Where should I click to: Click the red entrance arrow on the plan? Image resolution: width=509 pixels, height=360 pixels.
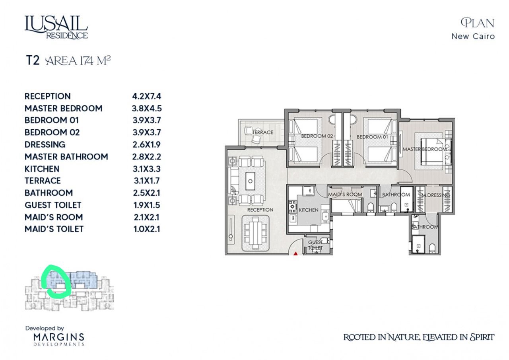(295, 254)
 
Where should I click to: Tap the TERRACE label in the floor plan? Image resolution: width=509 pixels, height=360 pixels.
(263, 132)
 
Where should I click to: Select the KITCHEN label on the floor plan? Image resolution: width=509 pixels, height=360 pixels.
(309, 210)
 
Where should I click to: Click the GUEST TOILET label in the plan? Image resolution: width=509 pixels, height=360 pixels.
(315, 245)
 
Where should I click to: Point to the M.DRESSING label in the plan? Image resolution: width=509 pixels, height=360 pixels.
(435, 195)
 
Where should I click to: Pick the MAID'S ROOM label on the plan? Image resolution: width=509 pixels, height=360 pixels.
(345, 195)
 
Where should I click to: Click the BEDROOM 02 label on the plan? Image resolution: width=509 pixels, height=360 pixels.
(317, 136)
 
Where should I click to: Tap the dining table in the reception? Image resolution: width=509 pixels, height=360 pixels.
(256, 233)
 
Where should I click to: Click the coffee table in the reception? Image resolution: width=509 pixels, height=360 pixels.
(250, 181)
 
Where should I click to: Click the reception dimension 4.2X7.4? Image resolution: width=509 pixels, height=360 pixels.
(147, 96)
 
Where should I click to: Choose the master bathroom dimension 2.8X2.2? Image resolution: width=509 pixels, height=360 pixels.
(147, 157)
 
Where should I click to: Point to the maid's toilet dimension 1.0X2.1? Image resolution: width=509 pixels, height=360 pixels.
(147, 229)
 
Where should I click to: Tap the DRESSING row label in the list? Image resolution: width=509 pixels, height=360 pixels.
(45, 144)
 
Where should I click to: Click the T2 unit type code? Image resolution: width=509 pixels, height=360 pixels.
(33, 60)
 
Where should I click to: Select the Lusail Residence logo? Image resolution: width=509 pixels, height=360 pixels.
(56, 27)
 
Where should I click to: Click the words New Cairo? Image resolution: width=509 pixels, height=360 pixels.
(473, 36)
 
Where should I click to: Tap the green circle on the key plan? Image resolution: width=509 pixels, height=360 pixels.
(57, 282)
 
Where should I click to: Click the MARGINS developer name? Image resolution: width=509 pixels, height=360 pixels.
(59, 337)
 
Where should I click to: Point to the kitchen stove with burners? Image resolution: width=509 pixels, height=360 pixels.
(292, 207)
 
